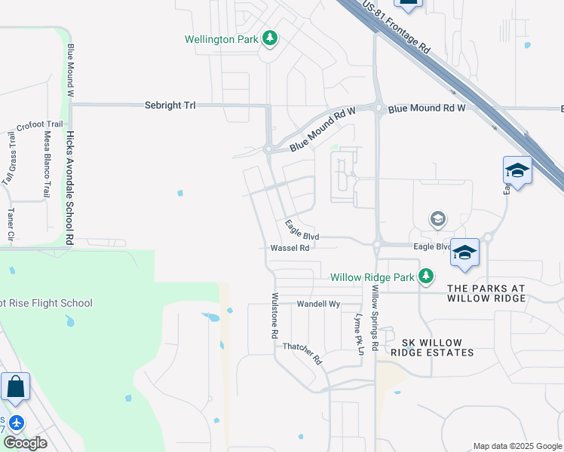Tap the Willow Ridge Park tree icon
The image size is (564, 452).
[426, 276]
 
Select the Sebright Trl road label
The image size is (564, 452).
[170, 106]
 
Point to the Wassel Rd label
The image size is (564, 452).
[290, 248]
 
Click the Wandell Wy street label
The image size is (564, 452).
[319, 304]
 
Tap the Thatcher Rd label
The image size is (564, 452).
[302, 353]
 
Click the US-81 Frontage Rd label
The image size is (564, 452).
[396, 26]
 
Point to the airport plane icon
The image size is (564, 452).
[17, 423]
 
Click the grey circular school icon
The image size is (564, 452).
[437, 219]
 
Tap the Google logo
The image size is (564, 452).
[25, 443]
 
